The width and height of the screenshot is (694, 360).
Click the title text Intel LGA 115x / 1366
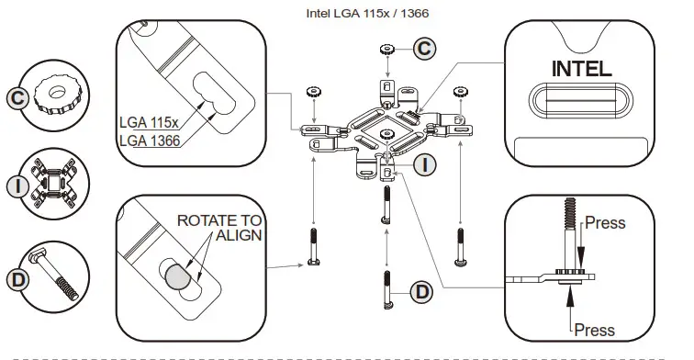click(367, 13)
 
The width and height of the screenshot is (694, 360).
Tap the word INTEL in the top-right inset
click(582, 69)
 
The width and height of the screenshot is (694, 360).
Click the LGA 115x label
click(149, 122)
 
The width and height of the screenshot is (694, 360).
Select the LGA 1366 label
click(150, 141)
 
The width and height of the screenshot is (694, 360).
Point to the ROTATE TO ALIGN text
click(219, 228)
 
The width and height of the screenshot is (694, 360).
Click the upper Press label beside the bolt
click(605, 223)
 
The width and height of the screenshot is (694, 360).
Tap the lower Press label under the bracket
click(595, 331)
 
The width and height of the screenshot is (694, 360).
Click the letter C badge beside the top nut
click(424, 48)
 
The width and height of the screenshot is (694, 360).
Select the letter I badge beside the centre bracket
click(424, 165)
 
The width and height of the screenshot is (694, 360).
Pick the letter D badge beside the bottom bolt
click(421, 292)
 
